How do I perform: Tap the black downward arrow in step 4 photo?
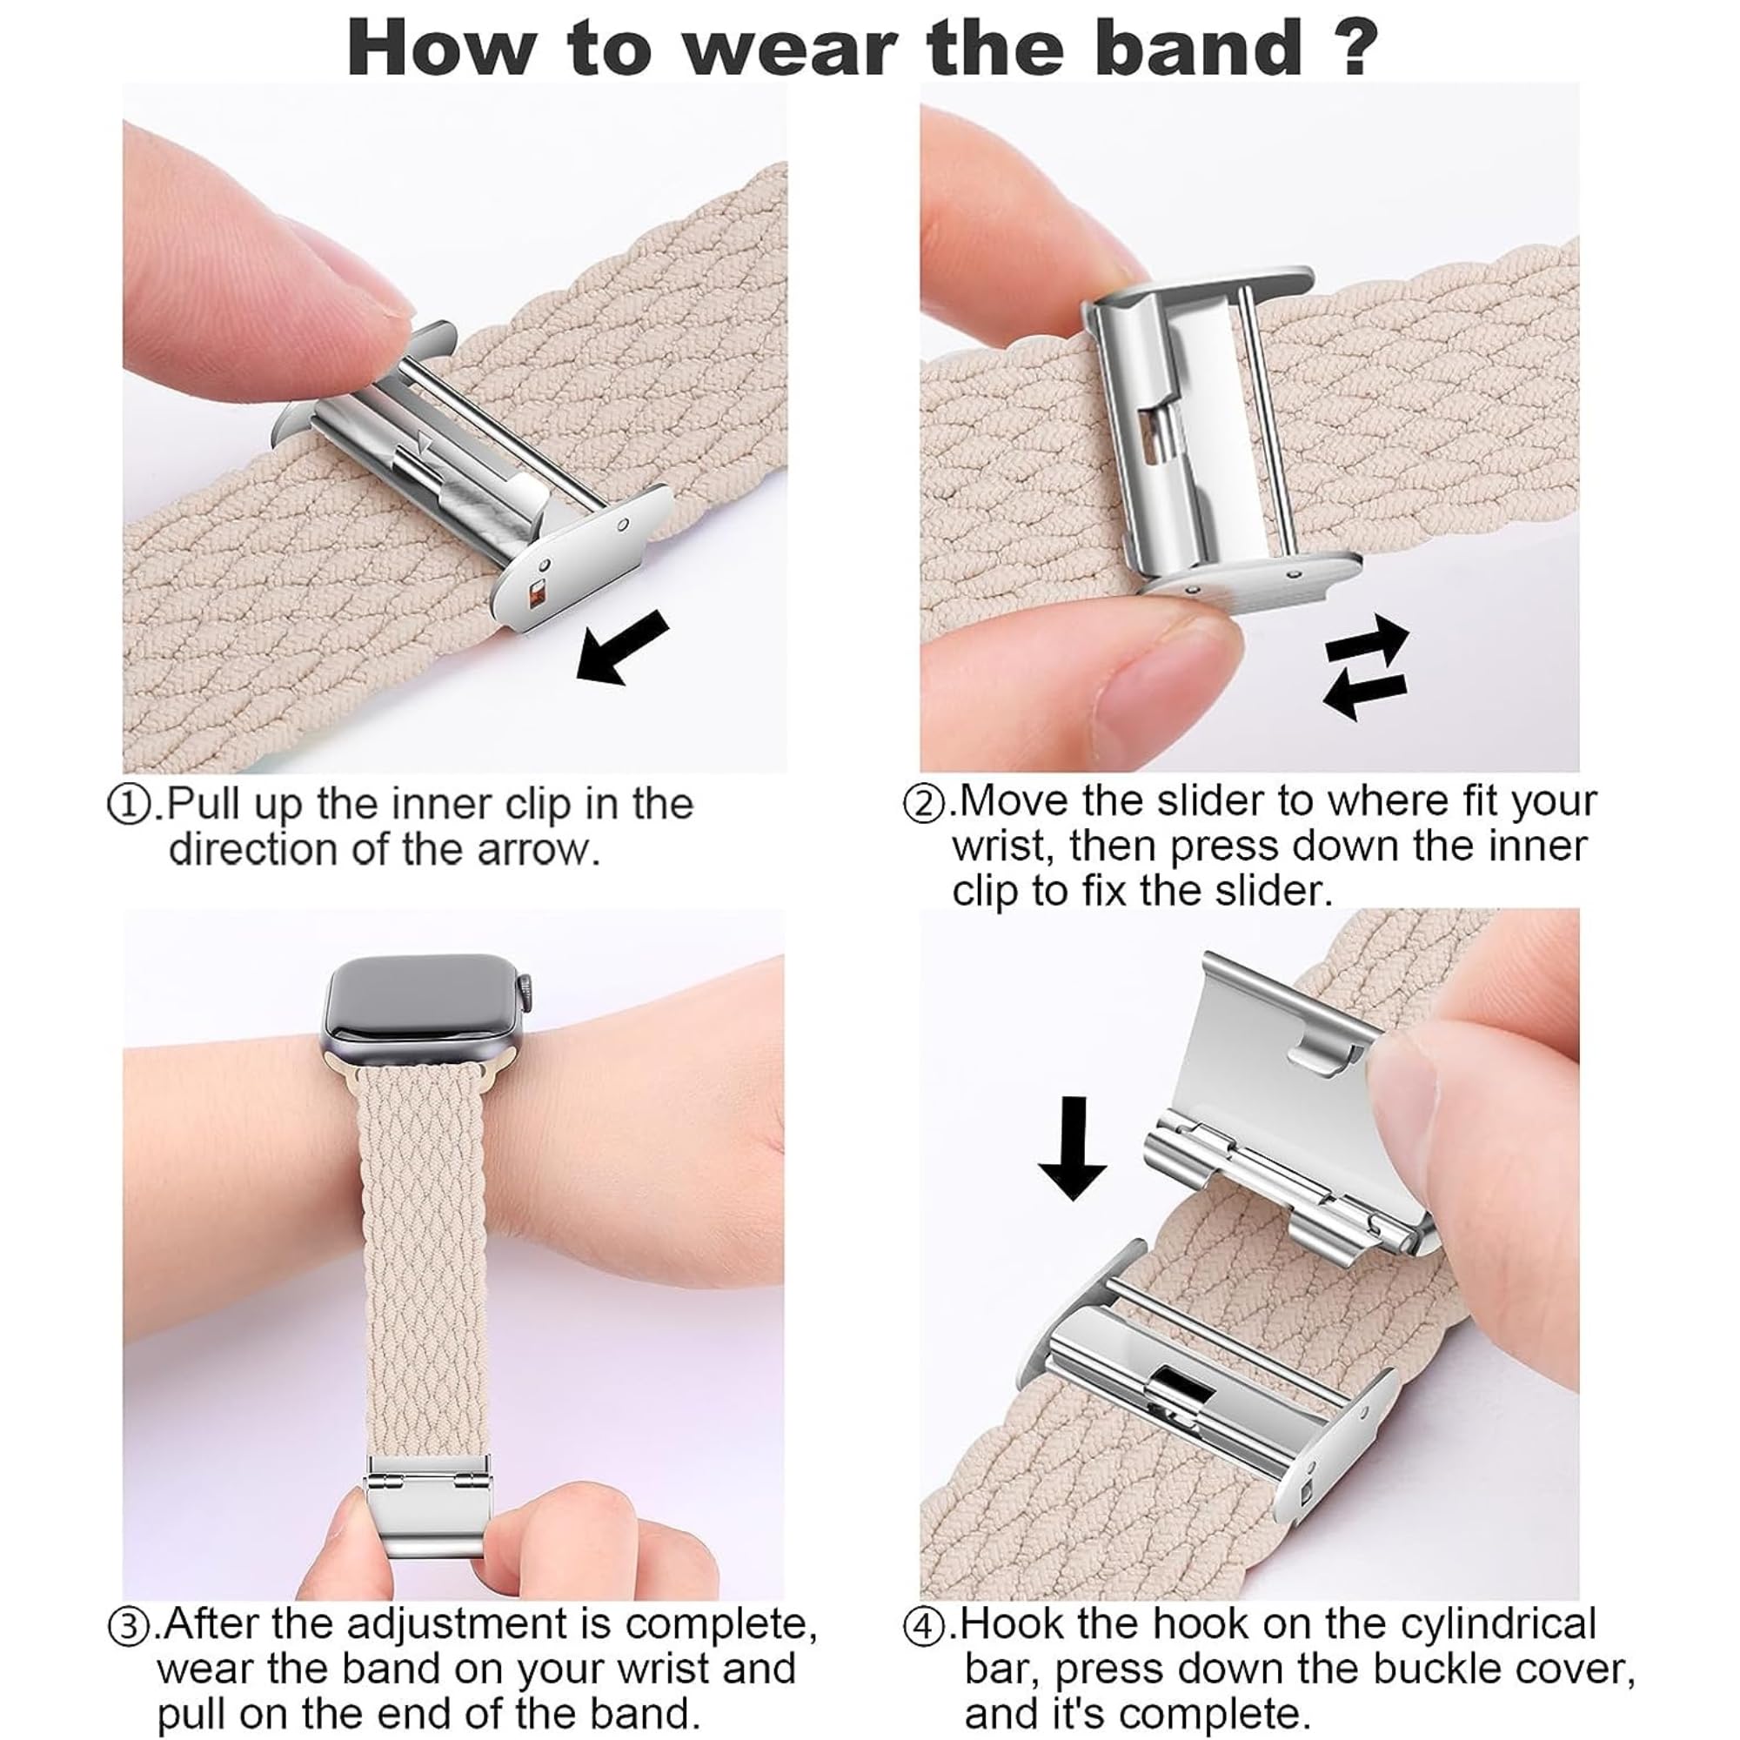(x=1072, y=1148)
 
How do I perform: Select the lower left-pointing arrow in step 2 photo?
(x=1364, y=694)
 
